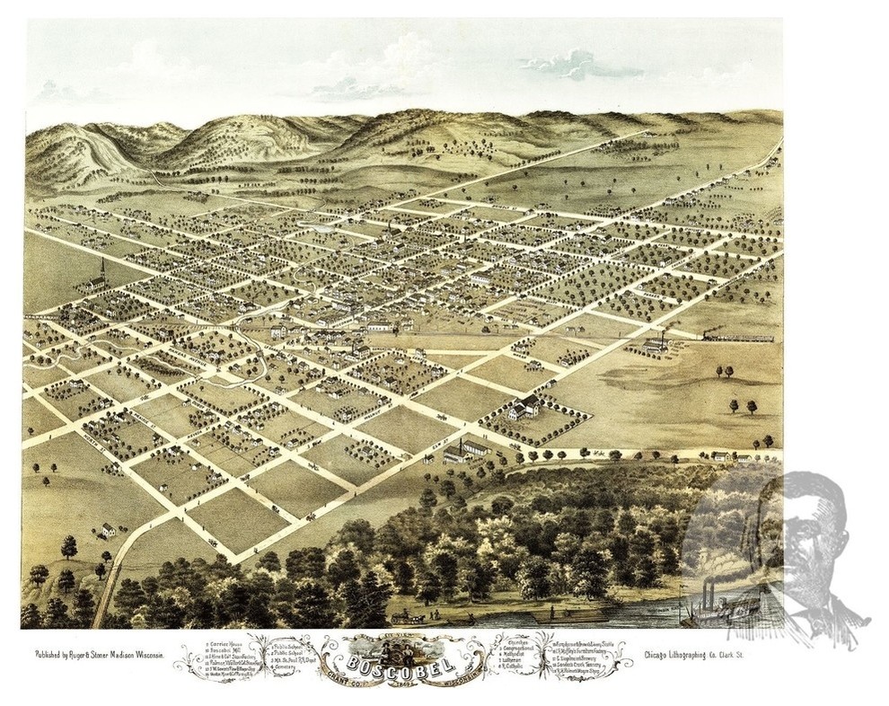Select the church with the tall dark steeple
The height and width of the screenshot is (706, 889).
coord(102,274)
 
